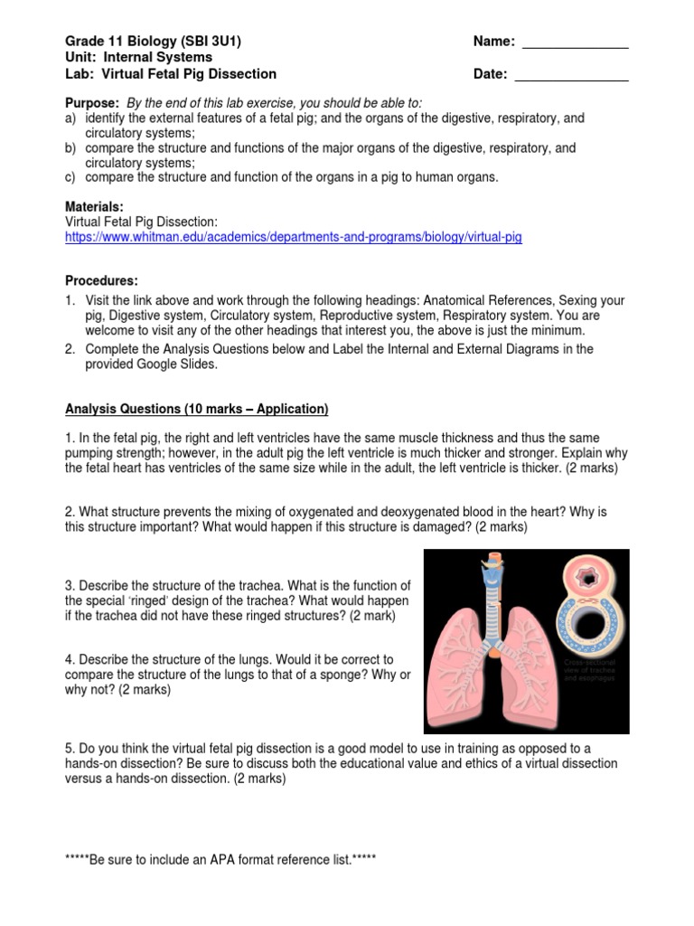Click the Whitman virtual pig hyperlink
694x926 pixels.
pos(294,237)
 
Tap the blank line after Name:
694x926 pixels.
pos(576,43)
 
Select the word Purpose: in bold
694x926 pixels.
pos(92,103)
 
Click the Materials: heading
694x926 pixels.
pos(95,206)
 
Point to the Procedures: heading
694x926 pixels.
pos(102,281)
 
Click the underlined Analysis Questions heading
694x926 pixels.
pos(196,409)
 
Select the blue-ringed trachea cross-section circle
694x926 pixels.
pos(594,626)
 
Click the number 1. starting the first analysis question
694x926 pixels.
pos(70,438)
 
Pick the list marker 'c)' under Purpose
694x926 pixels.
pos(71,177)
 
